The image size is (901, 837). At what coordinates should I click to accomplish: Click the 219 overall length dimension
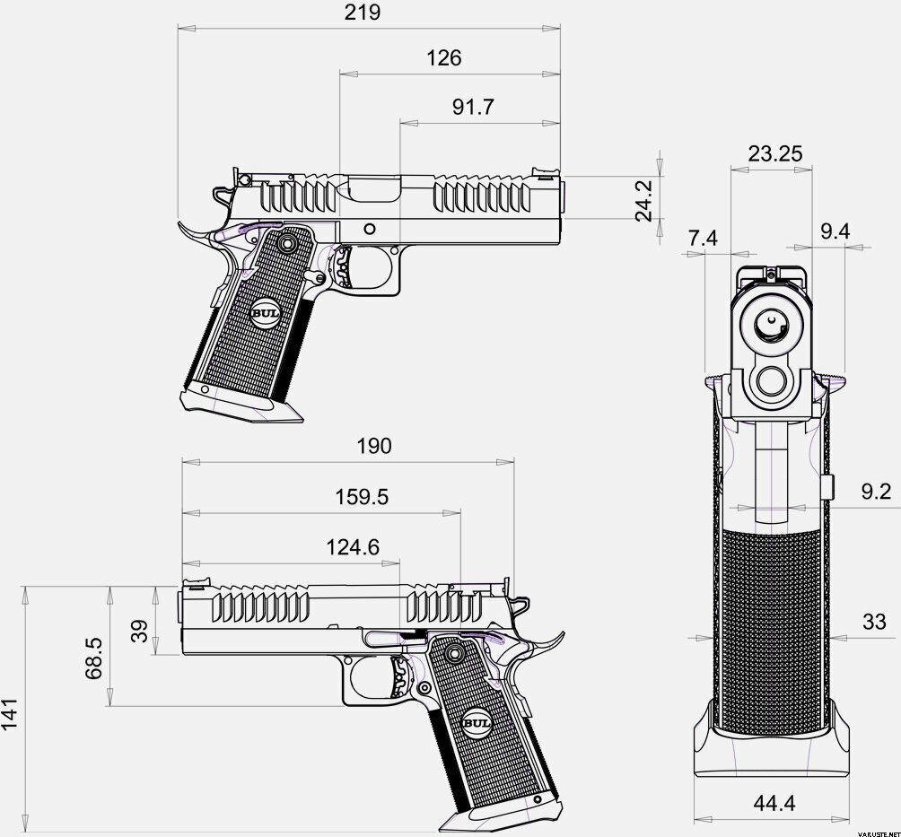click(x=362, y=12)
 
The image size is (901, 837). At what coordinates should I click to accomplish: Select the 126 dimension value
click(x=443, y=58)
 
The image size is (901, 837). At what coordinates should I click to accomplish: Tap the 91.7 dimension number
click(x=472, y=107)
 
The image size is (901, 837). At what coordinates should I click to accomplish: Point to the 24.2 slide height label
click(x=643, y=200)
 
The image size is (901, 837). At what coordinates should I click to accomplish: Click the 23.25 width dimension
click(x=775, y=153)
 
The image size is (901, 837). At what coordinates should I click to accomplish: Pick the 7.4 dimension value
click(x=703, y=237)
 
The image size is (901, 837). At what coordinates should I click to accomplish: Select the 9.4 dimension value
click(x=835, y=231)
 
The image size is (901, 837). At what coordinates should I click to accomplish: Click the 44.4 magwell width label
click(x=774, y=803)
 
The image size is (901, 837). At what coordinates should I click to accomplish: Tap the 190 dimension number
click(x=374, y=446)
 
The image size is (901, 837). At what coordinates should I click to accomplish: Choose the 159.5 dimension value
click(x=362, y=497)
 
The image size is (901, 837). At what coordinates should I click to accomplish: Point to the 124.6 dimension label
click(x=353, y=547)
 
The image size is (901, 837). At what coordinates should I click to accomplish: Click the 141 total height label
click(x=11, y=714)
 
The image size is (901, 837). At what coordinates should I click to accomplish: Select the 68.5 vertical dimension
click(x=94, y=658)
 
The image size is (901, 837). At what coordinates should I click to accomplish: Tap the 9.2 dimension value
click(x=876, y=492)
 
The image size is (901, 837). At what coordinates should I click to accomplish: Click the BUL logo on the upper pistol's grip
click(x=265, y=314)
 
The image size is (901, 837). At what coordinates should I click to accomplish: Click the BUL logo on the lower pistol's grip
click(x=477, y=723)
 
